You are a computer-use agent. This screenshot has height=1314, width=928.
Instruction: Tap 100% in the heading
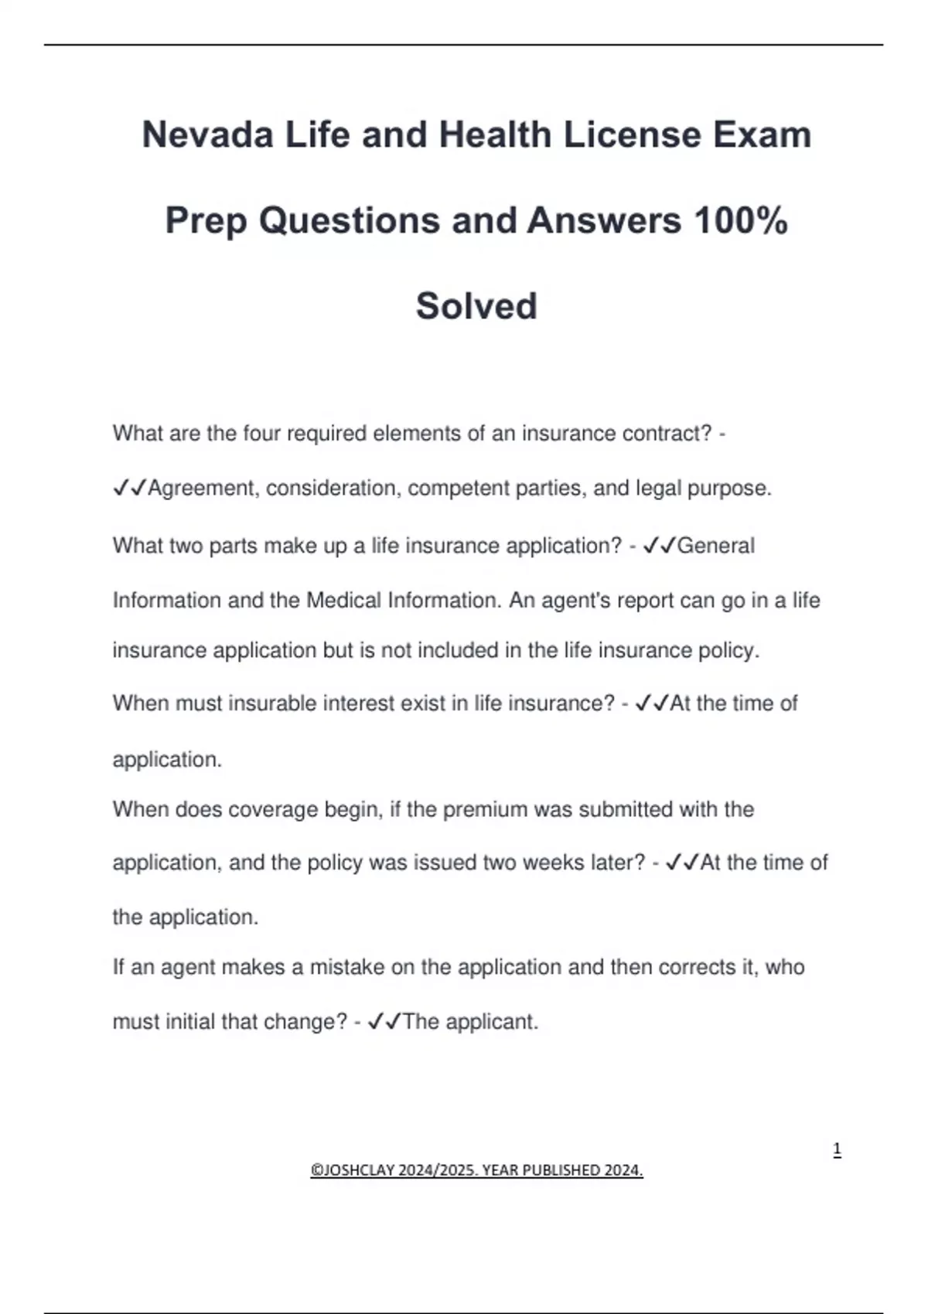tap(741, 221)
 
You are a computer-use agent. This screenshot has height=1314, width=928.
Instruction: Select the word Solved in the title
tap(476, 306)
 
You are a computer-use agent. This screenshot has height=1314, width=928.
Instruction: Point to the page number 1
tap(837, 1150)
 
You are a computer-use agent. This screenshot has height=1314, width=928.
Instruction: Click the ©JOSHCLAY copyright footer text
tap(476, 1170)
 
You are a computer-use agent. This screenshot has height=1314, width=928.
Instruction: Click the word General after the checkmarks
tap(715, 546)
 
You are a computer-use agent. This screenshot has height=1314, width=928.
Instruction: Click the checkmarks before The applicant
tap(384, 1022)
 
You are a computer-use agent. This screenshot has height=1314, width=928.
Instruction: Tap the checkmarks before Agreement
tap(129, 488)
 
